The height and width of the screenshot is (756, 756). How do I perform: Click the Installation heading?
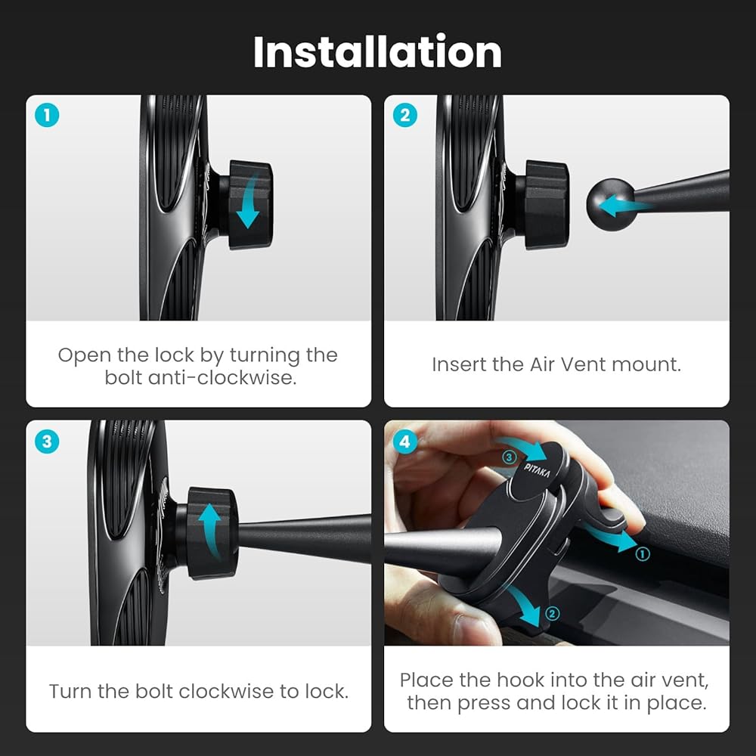[377, 51]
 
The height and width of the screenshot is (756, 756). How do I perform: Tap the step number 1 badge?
[47, 115]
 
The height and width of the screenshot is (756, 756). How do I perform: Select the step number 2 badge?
[405, 115]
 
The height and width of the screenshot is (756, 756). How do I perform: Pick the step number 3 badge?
[47, 442]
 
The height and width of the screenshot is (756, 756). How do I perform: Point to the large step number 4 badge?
[405, 442]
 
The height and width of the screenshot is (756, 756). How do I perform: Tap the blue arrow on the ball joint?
[624, 206]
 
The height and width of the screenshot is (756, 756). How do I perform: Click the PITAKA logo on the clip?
[537, 470]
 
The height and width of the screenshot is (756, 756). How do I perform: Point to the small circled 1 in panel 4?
[642, 554]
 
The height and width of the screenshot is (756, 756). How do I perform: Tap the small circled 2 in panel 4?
[552, 613]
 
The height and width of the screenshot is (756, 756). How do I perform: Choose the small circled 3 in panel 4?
[509, 457]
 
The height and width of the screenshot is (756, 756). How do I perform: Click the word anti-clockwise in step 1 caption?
[222, 377]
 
